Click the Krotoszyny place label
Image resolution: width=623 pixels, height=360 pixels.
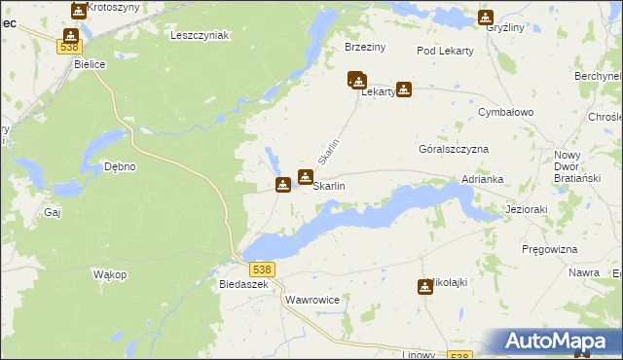tap(111, 7)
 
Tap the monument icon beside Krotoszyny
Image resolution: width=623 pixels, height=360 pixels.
tap(78, 11)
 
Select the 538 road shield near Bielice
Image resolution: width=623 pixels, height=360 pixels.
tap(69, 46)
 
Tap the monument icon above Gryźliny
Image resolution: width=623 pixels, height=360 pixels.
tap(486, 17)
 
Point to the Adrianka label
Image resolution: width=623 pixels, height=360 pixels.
tap(482, 180)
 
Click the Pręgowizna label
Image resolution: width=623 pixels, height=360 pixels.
tap(550, 249)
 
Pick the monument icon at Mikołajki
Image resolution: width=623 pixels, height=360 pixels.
tap(424, 286)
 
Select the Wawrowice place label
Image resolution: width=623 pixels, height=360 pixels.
tap(312, 301)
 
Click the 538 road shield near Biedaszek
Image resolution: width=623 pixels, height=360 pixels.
tap(261, 269)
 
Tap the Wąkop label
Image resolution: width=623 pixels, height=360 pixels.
tap(110, 274)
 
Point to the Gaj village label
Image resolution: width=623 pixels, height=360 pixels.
tap(53, 210)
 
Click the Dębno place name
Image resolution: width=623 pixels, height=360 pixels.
tap(119, 166)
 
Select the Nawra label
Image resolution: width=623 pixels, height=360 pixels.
tap(584, 273)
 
